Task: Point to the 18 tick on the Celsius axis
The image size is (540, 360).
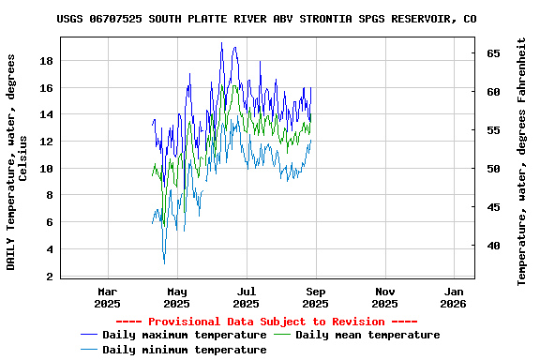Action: point(45,61)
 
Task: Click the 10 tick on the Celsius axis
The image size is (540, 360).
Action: point(45,169)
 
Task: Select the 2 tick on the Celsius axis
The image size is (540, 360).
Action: point(49,277)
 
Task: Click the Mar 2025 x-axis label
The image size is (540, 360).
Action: point(108,297)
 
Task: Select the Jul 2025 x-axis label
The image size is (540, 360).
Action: point(246,297)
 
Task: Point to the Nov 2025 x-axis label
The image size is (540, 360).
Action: point(384,297)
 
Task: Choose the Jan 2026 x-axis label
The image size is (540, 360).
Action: point(454,297)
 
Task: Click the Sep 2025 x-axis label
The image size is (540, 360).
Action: point(315,297)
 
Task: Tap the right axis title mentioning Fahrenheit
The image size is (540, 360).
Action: point(522,161)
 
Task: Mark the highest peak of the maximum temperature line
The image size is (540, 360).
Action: point(221,43)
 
